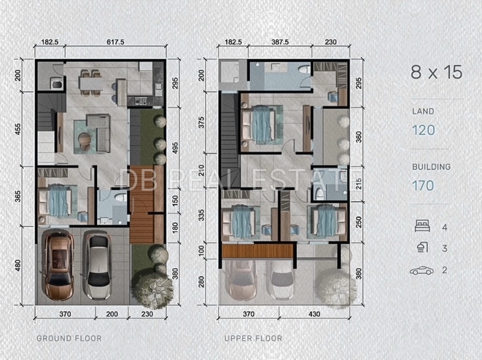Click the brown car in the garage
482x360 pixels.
[58, 265]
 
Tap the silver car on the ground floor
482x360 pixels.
[98, 265]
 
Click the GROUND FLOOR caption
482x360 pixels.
[69, 338]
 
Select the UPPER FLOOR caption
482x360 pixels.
[253, 338]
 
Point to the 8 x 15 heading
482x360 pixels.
[437, 72]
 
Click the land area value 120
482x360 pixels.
[423, 130]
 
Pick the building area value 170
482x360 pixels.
[423, 186]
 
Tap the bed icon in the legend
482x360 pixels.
[422, 226]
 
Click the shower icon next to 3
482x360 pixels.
[421, 248]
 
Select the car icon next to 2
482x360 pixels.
[421, 270]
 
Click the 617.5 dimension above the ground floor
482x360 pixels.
[115, 42]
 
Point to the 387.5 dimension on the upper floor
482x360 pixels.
[280, 42]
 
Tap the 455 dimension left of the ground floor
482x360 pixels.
[18, 129]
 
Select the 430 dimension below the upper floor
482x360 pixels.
[314, 314]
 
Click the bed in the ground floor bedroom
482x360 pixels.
[58, 200]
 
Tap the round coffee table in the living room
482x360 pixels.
[85, 138]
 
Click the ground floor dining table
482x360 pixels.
[90, 82]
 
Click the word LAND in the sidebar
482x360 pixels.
[423, 111]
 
